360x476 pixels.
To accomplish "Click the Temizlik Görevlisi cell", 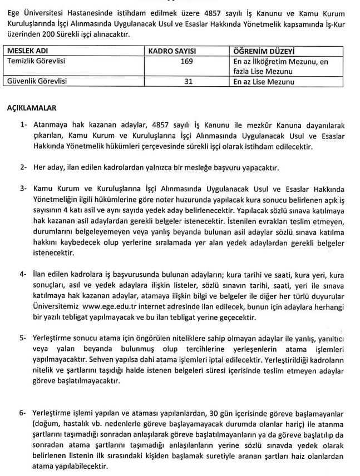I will pos(36,61).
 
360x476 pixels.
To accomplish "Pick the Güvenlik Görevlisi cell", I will pos(36,81).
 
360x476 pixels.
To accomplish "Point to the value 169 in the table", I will pos(187,61).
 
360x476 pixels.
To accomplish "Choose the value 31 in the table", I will pos(187,81).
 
